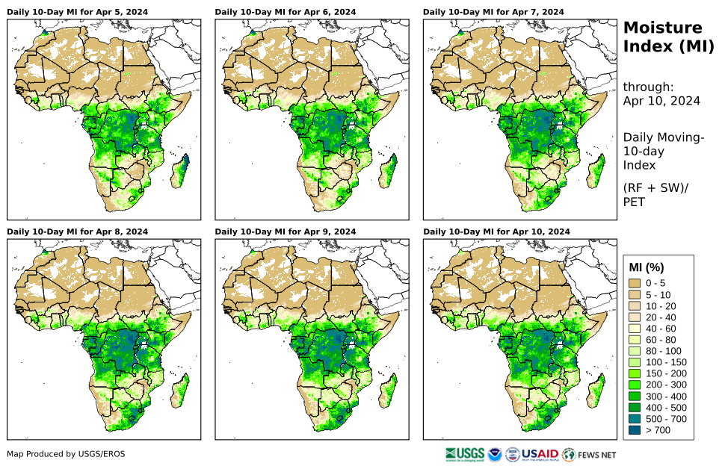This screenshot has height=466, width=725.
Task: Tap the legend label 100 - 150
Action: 667,362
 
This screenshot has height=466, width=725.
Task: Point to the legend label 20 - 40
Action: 663,317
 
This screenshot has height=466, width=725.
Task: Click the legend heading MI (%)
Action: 647,267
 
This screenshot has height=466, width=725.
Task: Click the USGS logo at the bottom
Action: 463,454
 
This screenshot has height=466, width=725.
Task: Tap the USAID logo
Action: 539,454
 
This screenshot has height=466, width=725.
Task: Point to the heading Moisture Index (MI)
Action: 662,37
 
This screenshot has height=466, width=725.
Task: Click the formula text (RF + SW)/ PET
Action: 655,194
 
